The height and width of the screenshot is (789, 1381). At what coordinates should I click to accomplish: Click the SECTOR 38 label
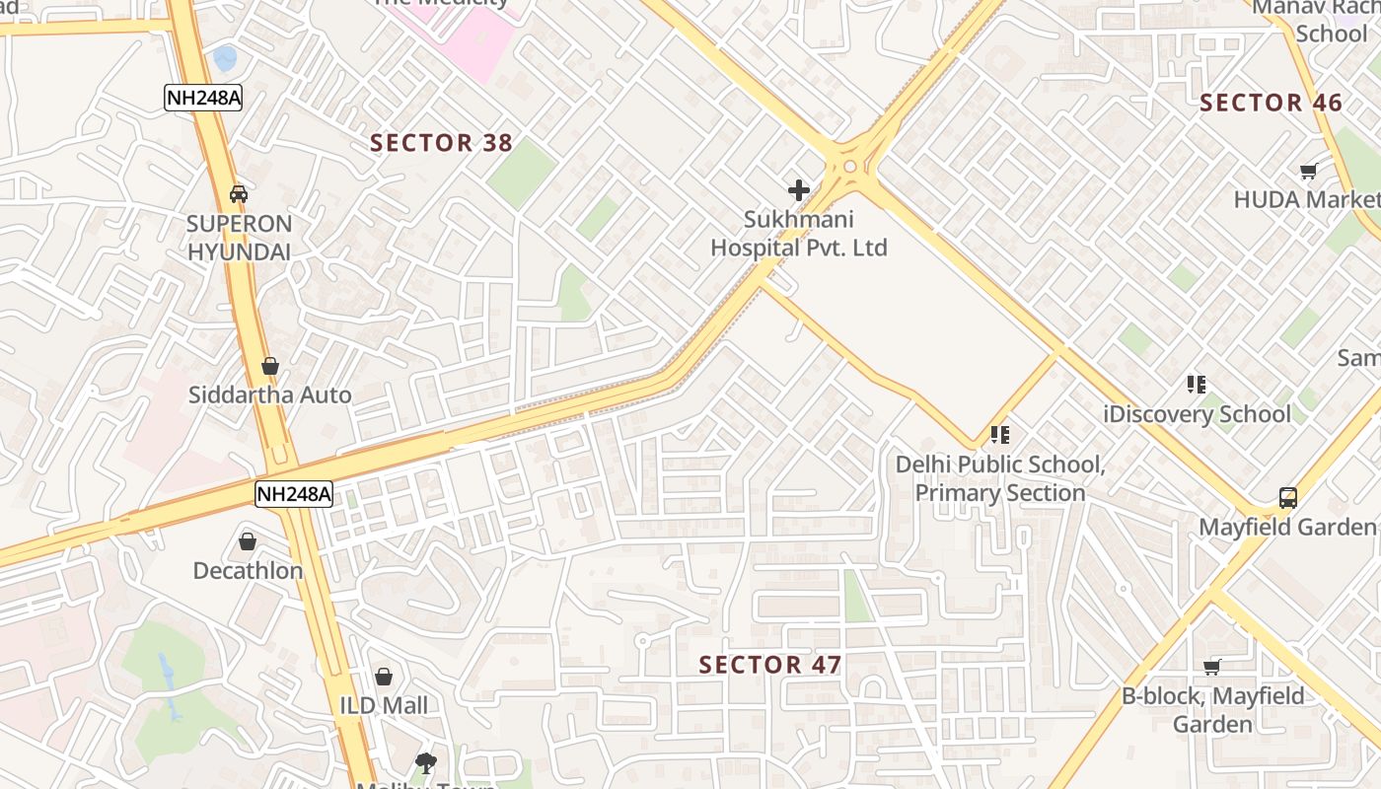pos(441,143)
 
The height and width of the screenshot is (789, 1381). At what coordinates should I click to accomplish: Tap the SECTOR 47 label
pos(770,665)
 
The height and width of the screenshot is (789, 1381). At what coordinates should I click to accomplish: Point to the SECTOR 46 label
pos(1271,103)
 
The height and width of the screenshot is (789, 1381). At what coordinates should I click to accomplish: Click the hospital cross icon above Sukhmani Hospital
pos(799,189)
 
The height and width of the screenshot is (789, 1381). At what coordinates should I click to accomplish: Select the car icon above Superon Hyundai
pos(238,193)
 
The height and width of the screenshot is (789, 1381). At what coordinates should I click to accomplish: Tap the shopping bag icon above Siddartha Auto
pos(269,366)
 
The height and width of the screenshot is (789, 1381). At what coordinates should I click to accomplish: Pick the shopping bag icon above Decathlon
pos(248,541)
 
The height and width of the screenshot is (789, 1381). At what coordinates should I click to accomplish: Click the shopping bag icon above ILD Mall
pos(384,677)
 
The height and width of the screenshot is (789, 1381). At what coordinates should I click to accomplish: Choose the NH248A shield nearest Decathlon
pos(294,494)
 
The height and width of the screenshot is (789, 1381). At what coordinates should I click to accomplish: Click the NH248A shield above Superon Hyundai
pos(203,98)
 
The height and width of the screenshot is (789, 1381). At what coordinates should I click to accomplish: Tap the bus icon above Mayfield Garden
pos(1287,497)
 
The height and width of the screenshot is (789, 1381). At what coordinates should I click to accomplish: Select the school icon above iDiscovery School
pos(1197,384)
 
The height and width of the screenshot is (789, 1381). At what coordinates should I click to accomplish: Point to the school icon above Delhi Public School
pos(1000,434)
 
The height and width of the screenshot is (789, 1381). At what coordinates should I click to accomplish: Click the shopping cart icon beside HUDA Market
pos(1309,172)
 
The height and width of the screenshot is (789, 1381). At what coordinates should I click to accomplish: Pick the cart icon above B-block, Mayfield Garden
pos(1212,667)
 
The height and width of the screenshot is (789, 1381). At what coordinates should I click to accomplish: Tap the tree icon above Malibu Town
pos(426,761)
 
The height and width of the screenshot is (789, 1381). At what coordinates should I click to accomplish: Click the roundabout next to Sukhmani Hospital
pos(849,166)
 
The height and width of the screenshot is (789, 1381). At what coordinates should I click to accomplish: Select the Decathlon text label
pos(248,570)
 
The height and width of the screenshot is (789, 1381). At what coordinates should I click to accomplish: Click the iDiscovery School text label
pos(1198,414)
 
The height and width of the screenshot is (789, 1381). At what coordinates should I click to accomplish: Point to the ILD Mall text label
pos(384,705)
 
